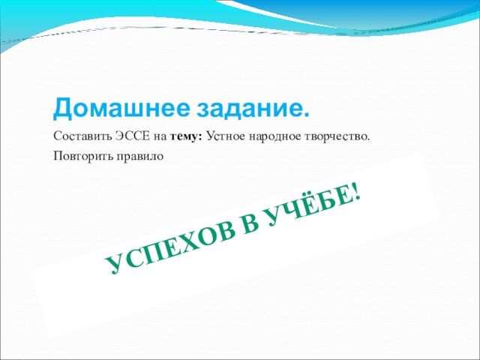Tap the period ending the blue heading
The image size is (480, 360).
pyautogui.click(x=305, y=114)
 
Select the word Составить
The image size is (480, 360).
pyautogui.click(x=82, y=136)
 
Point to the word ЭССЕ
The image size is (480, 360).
pyautogui.click(x=133, y=136)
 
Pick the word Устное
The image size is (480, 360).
pyautogui.click(x=226, y=136)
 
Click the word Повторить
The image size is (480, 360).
pyautogui.click(x=82, y=156)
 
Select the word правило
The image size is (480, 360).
pyautogui.click(x=139, y=157)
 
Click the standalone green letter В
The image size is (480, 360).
pyautogui.click(x=251, y=226)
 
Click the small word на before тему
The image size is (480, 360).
pyautogui.click(x=160, y=137)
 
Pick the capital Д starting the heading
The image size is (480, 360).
pyautogui.click(x=63, y=108)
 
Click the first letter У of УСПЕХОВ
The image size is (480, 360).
pyautogui.click(x=114, y=264)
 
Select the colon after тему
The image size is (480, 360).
pyautogui.click(x=200, y=137)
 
